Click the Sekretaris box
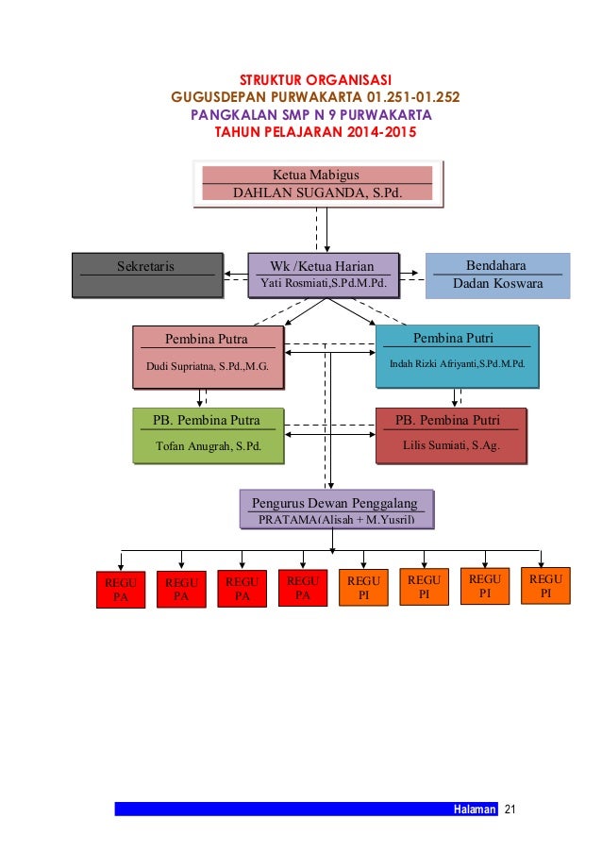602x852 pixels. tap(147, 275)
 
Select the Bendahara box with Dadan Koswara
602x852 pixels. tap(497, 276)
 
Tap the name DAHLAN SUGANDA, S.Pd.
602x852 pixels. tap(317, 193)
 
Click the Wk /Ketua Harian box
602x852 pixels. tap(323, 275)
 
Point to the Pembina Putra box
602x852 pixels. tap(208, 357)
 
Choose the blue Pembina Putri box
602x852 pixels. tap(457, 356)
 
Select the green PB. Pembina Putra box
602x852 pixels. tap(208, 435)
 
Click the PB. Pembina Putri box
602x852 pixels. tap(450, 435)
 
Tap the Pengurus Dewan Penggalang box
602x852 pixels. tap(335, 510)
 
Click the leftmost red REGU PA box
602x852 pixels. tap(120, 590)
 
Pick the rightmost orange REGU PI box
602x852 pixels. tap(545, 586)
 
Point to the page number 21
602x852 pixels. tap(511, 810)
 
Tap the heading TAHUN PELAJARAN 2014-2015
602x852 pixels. tap(315, 132)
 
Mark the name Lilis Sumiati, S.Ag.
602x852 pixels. tap(451, 445)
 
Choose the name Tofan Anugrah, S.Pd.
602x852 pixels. tap(209, 446)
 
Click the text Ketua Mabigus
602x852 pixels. tap(316, 175)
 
